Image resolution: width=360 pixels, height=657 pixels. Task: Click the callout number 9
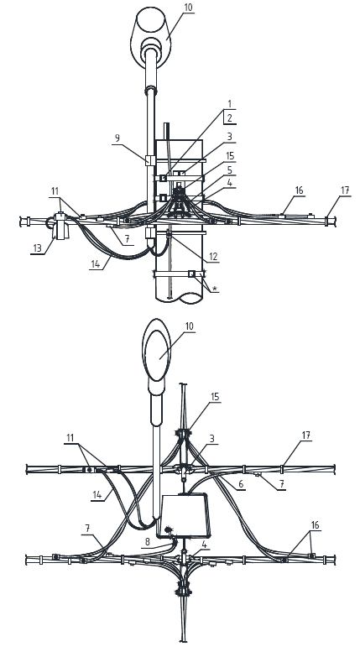pyautogui.click(x=117, y=138)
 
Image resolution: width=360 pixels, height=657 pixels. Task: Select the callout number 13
pyautogui.click(x=37, y=248)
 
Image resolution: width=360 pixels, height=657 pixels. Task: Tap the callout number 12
pyautogui.click(x=213, y=257)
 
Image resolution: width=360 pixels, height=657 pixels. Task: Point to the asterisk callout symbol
pyautogui.click(x=215, y=289)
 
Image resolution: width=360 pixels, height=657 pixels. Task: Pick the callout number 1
pyautogui.click(x=230, y=103)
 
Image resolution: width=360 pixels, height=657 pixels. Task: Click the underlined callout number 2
pyautogui.click(x=230, y=118)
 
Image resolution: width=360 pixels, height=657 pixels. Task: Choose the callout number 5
pyautogui.click(x=230, y=170)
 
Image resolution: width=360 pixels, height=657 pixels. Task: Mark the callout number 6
pyautogui.click(x=241, y=483)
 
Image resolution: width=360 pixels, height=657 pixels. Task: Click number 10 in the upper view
pyautogui.click(x=189, y=8)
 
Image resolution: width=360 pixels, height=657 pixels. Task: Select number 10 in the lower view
pyautogui.click(x=190, y=326)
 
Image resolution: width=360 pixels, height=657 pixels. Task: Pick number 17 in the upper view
pyautogui.click(x=345, y=190)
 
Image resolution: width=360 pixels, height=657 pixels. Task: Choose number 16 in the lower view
pyautogui.click(x=315, y=525)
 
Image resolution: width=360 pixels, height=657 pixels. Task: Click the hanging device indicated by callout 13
pyautogui.click(x=60, y=227)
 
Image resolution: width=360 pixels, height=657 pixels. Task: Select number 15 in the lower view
pyautogui.click(x=215, y=396)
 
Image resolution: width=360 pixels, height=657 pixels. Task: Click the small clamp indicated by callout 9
pyautogui.click(x=150, y=160)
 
